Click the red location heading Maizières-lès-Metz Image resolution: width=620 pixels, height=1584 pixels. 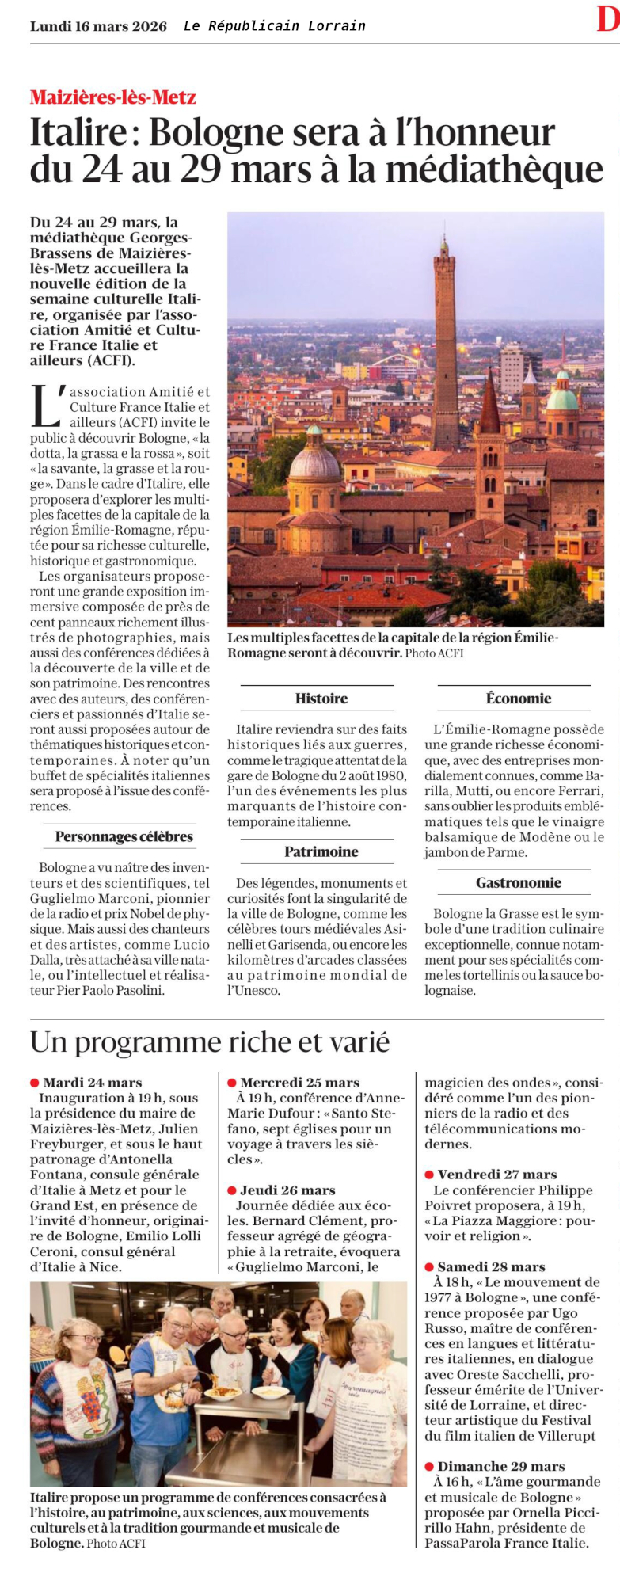(112, 97)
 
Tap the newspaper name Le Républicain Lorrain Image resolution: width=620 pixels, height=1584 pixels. (274, 26)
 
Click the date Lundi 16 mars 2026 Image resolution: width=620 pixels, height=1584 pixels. (98, 26)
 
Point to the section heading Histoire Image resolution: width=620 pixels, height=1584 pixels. (321, 699)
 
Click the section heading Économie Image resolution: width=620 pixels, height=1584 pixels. (518, 699)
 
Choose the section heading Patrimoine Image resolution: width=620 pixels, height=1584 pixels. (321, 852)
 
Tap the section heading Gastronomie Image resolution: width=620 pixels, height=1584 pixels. (518, 883)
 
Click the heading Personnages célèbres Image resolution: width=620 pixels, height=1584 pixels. (124, 837)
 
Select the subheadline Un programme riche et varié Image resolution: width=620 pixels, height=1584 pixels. (210, 1042)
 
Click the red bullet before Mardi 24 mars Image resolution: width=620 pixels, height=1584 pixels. (35, 1083)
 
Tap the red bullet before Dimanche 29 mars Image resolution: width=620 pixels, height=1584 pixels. (429, 1467)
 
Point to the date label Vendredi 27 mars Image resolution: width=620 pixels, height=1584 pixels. (496, 1175)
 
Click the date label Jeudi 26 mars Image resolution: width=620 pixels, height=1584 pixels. (287, 1190)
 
